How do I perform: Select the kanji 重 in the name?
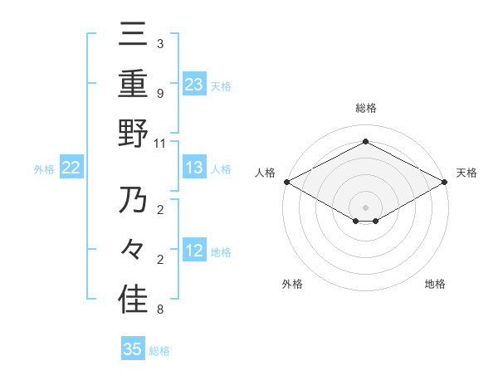133,83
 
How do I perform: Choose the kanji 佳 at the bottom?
133,299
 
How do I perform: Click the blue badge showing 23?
193,84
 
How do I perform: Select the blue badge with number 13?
193,168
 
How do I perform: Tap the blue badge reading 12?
193,251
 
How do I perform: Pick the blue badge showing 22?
71,168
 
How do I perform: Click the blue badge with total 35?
133,349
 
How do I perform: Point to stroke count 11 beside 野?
161,143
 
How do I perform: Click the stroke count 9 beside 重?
159,93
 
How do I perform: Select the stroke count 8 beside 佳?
159,310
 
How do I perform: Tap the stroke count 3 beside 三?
159,43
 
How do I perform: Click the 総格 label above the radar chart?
365,109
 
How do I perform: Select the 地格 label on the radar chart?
435,285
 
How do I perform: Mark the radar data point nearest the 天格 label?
445,182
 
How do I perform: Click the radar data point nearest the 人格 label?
286,182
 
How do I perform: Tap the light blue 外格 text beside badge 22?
44,169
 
